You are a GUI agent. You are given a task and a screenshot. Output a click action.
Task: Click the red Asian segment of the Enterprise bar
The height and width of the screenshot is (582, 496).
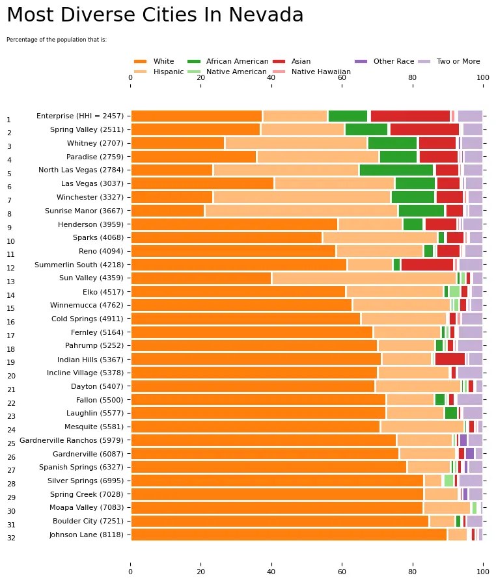click(x=410, y=116)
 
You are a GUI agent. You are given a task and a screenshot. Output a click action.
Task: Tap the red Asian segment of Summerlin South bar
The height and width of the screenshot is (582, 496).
click(x=427, y=264)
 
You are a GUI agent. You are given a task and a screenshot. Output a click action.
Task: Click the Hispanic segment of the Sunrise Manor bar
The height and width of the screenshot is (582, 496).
click(x=301, y=210)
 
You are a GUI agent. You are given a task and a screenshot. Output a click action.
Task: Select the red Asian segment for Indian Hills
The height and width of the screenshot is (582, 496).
click(x=450, y=358)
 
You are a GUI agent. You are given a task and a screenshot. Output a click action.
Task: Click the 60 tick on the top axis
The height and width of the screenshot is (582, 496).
click(x=342, y=77)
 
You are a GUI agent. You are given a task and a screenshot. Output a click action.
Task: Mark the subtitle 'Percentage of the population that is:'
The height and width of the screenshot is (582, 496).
click(x=56, y=40)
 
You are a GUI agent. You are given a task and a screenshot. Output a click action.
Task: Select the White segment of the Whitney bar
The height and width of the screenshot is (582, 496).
click(x=178, y=143)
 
